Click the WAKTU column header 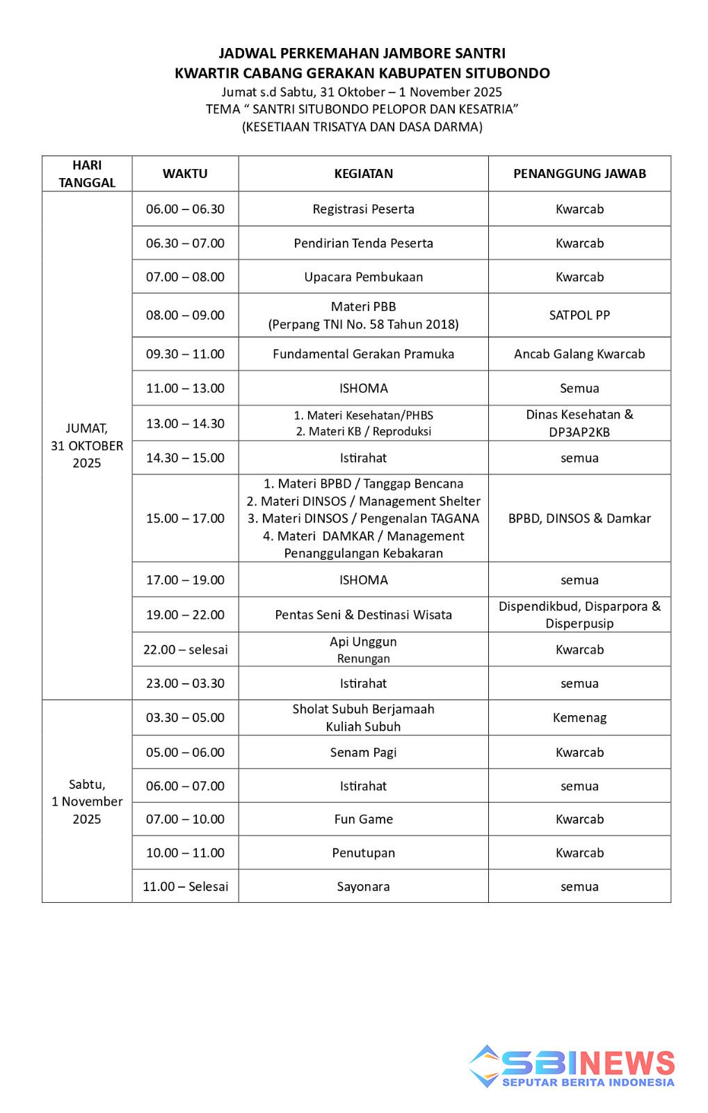185,174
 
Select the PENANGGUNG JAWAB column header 579,174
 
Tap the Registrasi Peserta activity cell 363,209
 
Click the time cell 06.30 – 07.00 185,243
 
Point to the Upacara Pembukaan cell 363,277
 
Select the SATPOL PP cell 579,315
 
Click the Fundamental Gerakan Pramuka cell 363,354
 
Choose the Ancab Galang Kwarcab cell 579,354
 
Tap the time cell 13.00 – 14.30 185,424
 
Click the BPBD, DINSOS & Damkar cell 579,518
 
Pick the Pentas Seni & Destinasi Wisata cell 363,615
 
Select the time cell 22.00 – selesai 185,650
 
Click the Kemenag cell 579,718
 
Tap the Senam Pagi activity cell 363,753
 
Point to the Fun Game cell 363,819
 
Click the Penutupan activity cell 363,853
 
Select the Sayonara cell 363,887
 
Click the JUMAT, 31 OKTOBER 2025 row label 87,446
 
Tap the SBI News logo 572,1067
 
